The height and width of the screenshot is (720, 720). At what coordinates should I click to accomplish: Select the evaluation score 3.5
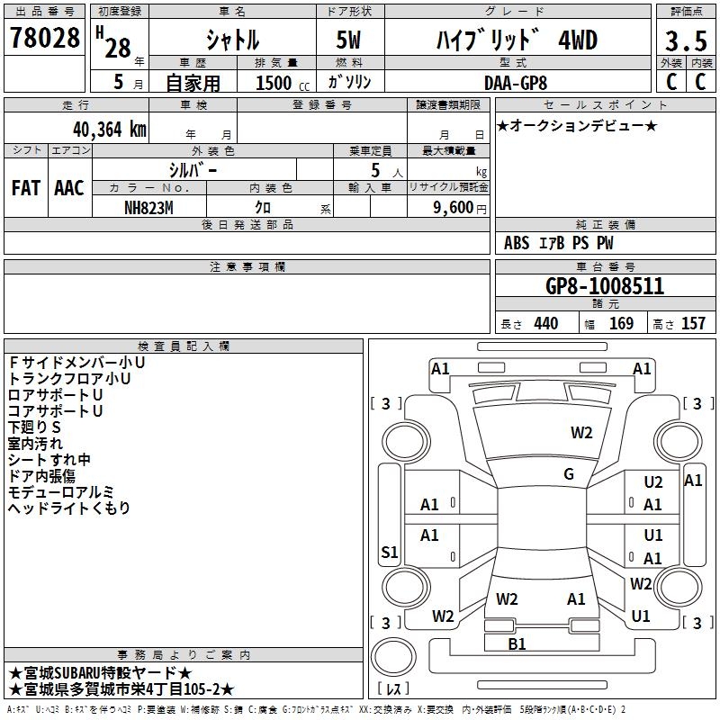pos(685,41)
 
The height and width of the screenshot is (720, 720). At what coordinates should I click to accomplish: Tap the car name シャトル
pos(232,40)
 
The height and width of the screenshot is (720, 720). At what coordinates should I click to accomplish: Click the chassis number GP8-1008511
pos(605,286)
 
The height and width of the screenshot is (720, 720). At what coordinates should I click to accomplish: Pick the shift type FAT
pos(26,188)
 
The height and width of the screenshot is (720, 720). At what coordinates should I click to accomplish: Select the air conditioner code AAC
pos(69,188)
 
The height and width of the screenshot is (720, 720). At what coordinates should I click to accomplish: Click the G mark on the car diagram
pos(569,474)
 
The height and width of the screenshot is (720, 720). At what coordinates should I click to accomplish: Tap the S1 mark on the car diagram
pos(390,553)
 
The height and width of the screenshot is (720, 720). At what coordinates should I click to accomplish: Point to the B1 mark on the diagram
pos(517,643)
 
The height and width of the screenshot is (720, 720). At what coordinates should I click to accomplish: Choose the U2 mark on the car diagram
pos(653,483)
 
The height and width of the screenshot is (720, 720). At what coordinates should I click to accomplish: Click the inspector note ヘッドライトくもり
pos(69,508)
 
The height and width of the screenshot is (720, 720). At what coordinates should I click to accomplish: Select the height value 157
pos(693,324)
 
